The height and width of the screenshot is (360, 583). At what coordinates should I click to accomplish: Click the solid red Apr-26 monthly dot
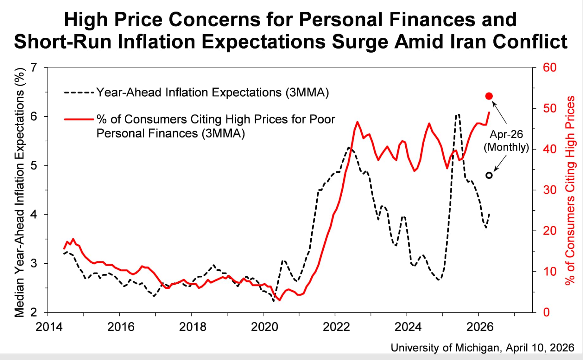click(489, 96)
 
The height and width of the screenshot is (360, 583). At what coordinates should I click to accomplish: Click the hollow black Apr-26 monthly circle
click(489, 175)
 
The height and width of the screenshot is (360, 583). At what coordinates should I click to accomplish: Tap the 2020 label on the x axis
click(264, 327)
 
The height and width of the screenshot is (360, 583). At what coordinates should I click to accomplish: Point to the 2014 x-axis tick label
click(49, 327)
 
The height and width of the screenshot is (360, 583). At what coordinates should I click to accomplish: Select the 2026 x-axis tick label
click(479, 327)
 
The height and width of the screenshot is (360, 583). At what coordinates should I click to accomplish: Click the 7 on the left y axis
click(33, 67)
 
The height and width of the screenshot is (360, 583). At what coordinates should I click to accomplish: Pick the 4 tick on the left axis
click(33, 215)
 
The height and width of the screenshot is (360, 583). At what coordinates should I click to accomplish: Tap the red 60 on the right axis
click(549, 67)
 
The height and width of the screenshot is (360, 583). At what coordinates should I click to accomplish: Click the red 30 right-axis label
click(549, 190)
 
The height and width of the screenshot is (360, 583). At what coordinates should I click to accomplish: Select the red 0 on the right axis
click(546, 312)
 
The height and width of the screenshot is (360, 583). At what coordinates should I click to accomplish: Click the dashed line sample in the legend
click(79, 93)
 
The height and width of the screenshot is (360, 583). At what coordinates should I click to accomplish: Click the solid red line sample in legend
click(79, 119)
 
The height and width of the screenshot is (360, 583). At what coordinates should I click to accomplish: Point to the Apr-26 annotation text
click(506, 134)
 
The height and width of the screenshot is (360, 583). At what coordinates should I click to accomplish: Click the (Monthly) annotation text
click(506, 147)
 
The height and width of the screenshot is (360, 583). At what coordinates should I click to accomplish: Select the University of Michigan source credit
click(482, 348)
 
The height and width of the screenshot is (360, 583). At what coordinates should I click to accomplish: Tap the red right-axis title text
click(570, 190)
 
